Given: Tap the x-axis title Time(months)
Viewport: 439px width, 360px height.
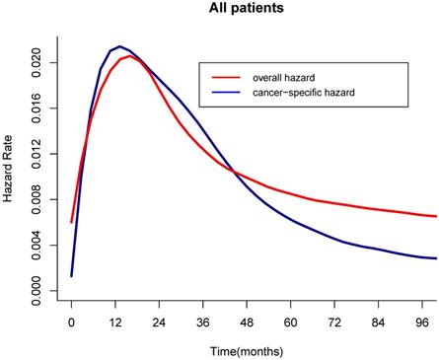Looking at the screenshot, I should click(x=254, y=351).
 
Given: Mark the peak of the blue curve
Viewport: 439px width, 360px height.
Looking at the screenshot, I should click(x=119, y=46).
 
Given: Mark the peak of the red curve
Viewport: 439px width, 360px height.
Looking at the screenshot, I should click(x=129, y=56).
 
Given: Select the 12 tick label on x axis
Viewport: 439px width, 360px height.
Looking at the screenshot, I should click(x=115, y=322).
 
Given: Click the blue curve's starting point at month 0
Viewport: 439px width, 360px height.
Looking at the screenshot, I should click(x=72, y=275).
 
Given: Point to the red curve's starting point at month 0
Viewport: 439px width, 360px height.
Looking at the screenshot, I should click(x=72, y=221).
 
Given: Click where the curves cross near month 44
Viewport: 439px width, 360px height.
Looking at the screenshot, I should click(x=234, y=173).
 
